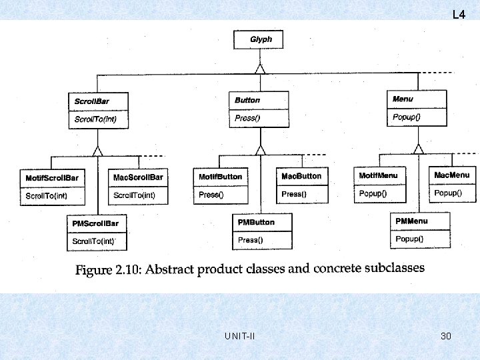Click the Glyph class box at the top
tap(261, 39)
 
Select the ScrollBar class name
tap(92, 101)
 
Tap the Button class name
tap(247, 100)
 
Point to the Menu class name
tap(403, 99)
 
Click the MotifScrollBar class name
tap(52, 178)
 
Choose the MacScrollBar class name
tap(138, 177)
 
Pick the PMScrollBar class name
tap(95, 223)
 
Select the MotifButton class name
tap(221, 177)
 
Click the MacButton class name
tap(301, 176)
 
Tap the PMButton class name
tap(256, 222)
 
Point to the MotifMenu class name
tap(378, 175)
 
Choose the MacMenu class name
tap(453, 175)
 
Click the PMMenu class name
tap(412, 221)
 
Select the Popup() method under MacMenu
tap(448, 193)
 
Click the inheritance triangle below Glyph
tap(261, 68)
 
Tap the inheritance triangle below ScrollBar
tap(98, 150)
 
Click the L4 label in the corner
tap(459, 14)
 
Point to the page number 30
tap(446, 336)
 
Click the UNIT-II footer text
tap(240, 336)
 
